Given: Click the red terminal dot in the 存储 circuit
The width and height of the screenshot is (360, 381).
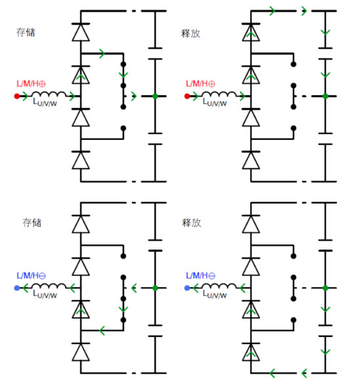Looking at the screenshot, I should click(18, 97).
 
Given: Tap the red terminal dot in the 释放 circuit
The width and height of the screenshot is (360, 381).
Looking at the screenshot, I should click(187, 97).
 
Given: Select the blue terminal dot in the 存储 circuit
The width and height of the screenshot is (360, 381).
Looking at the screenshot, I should click(18, 288).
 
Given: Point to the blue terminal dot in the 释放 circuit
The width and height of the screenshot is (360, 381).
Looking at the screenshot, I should click(187, 288).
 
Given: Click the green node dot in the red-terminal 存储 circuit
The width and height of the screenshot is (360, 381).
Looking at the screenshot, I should click(154, 97).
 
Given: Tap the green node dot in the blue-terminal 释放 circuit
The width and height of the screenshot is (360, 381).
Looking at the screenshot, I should click(325, 288).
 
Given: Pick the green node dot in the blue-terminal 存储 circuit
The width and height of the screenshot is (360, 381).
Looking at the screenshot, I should click(154, 288).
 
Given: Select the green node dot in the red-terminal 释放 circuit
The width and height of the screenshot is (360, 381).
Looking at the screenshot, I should click(325, 97).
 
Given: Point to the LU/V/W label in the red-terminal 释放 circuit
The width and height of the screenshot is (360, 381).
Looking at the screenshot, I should click(218, 104).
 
